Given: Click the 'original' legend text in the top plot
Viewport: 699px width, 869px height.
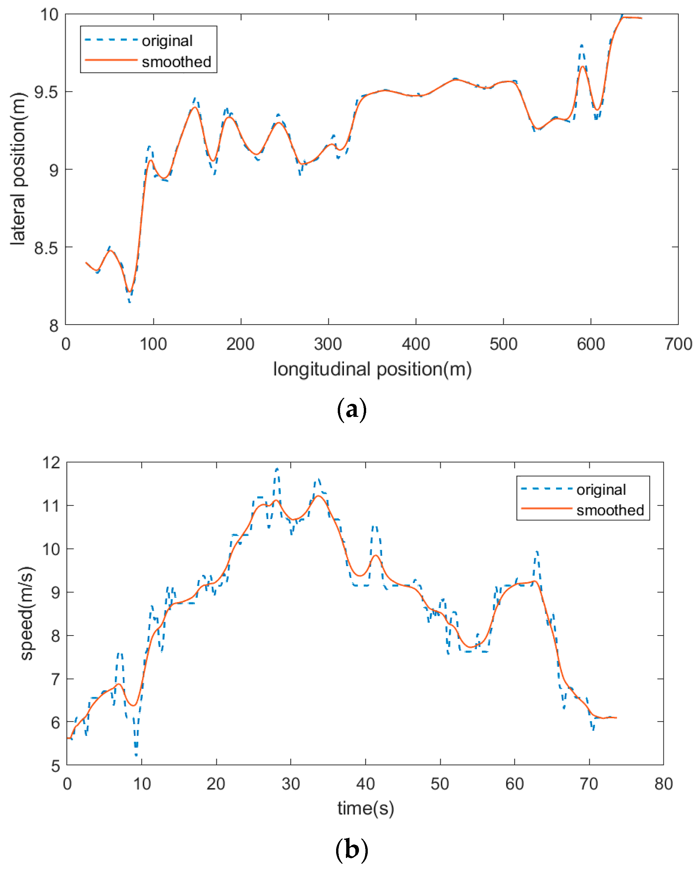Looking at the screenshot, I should tap(167, 41).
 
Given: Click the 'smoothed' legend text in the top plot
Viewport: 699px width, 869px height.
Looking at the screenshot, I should tap(176, 62).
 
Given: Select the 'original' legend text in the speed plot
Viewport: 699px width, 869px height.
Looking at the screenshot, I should tap(601, 489).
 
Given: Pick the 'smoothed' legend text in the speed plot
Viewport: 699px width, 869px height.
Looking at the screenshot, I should tap(610, 510).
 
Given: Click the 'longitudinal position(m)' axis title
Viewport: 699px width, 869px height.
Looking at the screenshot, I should tap(372, 369).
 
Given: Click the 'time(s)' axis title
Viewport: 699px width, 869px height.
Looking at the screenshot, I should tap(365, 808).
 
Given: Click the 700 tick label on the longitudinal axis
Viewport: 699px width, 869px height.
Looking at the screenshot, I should tap(678, 344).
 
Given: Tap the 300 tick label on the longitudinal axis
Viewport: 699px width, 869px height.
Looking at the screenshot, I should tap(328, 344).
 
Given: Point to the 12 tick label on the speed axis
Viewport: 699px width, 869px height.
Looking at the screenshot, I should tap(51, 463).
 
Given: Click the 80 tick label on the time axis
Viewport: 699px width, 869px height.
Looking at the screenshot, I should tap(663, 784).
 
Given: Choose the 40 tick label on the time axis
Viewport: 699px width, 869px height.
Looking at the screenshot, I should tap(365, 784).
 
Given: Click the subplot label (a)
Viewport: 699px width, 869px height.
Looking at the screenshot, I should tap(351, 409).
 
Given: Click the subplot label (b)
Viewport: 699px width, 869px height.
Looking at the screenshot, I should tap(351, 850).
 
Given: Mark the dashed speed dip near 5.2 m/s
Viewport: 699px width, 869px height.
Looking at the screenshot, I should tap(136, 754).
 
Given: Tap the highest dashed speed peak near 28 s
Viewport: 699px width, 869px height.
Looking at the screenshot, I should tap(277, 469).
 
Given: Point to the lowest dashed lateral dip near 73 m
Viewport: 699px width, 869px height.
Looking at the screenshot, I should tap(129, 302).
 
